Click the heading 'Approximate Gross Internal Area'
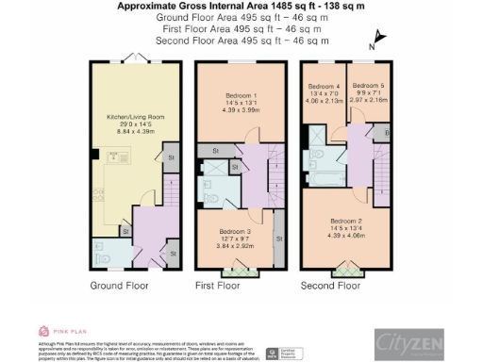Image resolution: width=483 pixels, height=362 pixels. coord(193,6)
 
